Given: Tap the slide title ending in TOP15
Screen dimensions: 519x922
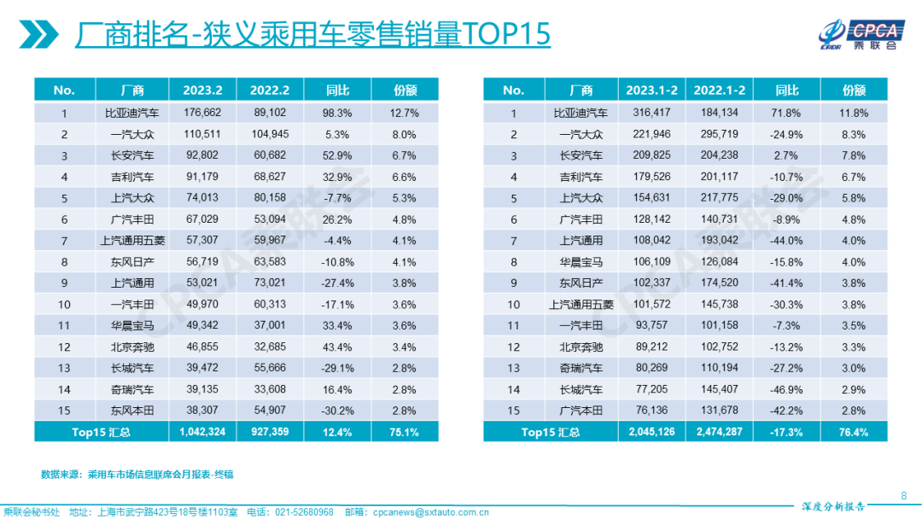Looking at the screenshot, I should [x=312, y=35].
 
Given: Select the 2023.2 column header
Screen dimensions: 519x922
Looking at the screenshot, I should [x=201, y=90].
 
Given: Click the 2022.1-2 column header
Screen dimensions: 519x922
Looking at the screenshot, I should [x=719, y=90].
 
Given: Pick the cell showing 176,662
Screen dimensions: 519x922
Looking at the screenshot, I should [x=201, y=112].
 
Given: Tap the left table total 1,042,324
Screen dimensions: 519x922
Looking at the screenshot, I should [x=201, y=432].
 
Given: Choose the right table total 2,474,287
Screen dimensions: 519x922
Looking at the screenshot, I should [x=719, y=432].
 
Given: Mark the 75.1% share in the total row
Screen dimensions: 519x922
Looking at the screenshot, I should [x=405, y=432].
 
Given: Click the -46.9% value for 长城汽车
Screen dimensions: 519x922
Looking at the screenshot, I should [x=788, y=389].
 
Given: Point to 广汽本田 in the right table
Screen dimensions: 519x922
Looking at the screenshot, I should [x=580, y=411].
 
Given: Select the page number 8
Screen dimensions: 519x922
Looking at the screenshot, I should [x=904, y=496].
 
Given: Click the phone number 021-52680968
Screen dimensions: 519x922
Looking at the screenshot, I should [x=304, y=512].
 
